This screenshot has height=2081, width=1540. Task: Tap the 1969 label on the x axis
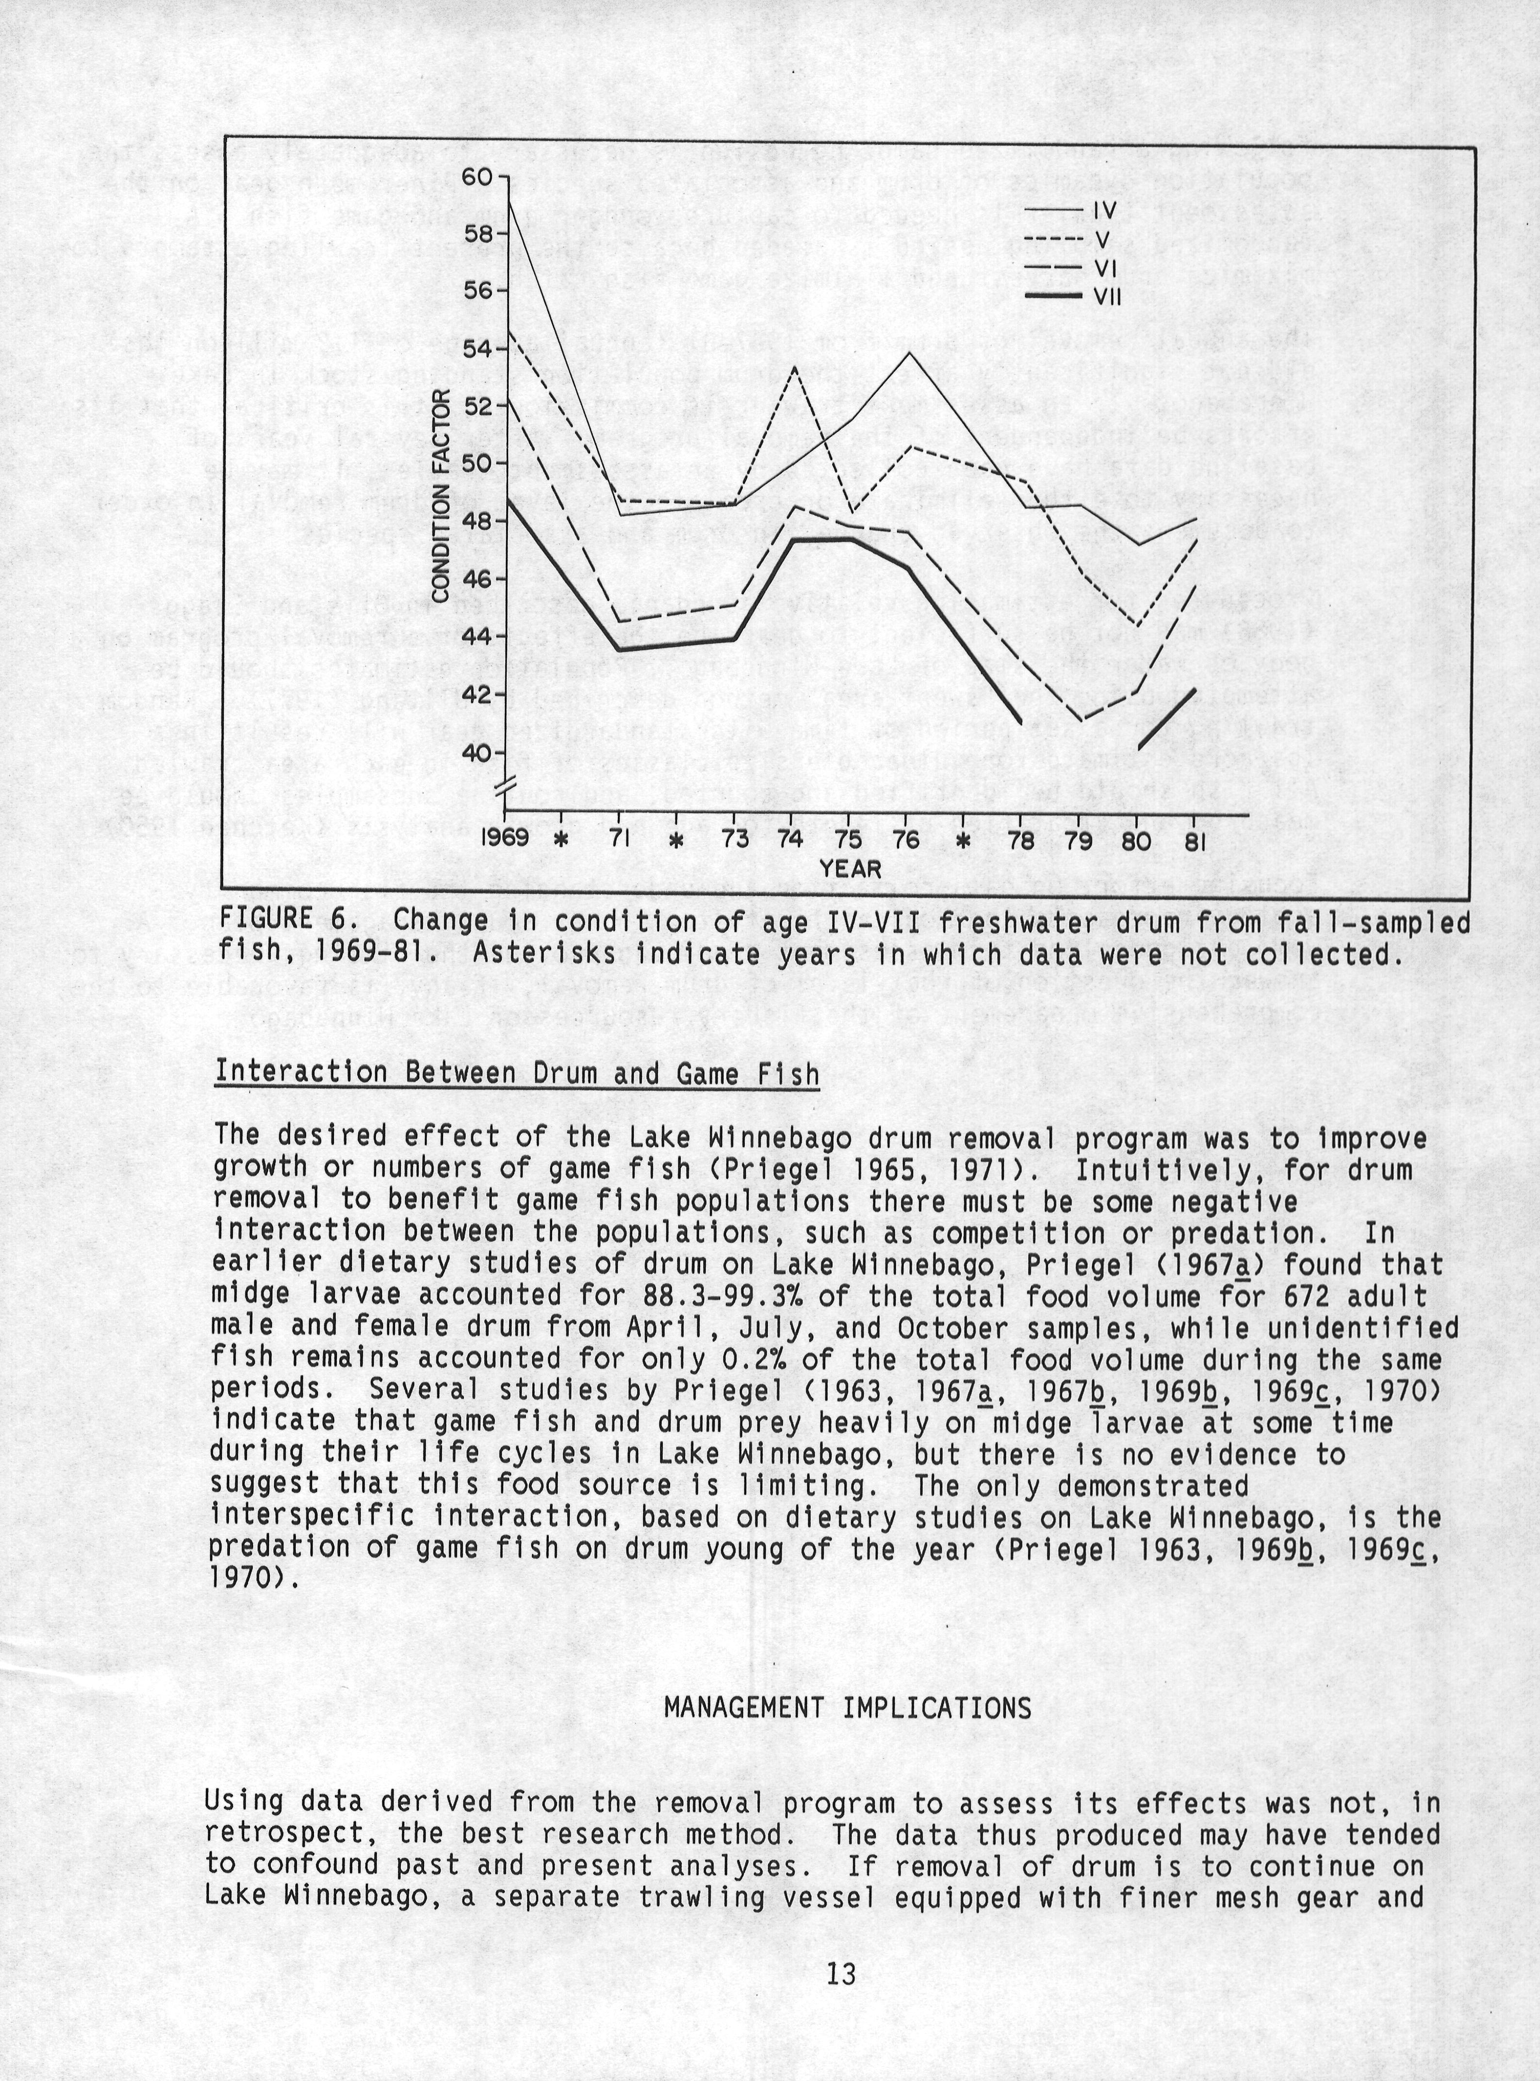pyautogui.click(x=505, y=838)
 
